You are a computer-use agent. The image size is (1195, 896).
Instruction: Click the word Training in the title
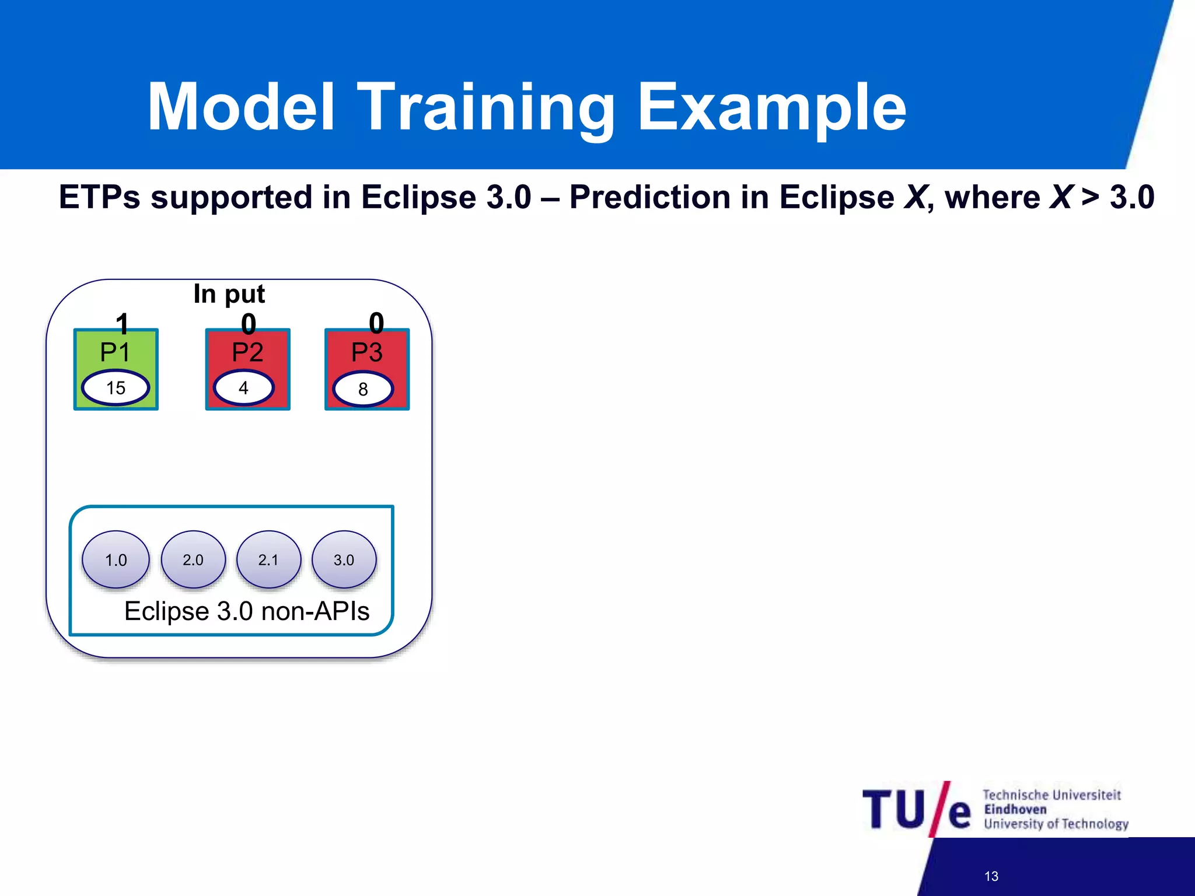tap(485, 108)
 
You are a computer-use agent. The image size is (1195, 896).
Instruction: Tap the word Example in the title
tap(771, 108)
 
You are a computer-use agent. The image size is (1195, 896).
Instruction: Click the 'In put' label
tap(229, 293)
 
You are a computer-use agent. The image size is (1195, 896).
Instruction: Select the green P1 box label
tap(115, 352)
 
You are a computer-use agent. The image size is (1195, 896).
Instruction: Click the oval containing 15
tap(116, 388)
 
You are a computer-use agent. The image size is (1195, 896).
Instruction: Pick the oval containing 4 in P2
tap(244, 388)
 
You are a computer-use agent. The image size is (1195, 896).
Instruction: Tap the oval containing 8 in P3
tap(363, 389)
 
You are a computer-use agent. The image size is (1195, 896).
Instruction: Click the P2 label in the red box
tap(247, 352)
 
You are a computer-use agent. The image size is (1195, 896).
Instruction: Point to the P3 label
tap(366, 352)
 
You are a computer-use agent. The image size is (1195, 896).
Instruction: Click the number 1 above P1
tap(121, 323)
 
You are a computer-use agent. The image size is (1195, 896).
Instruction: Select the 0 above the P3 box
tap(376, 323)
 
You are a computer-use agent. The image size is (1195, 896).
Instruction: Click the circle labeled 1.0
tap(116, 559)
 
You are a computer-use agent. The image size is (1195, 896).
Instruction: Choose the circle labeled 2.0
tap(193, 559)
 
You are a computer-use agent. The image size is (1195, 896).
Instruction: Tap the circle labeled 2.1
tap(268, 559)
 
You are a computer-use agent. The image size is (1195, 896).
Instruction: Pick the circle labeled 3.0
tap(344, 559)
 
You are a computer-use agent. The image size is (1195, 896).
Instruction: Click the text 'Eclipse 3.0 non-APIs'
tap(247, 611)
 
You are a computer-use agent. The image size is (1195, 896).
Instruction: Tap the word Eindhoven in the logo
tap(1015, 809)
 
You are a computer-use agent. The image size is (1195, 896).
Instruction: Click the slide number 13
tap(991, 876)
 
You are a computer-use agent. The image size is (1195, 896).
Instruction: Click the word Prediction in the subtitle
tap(649, 197)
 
